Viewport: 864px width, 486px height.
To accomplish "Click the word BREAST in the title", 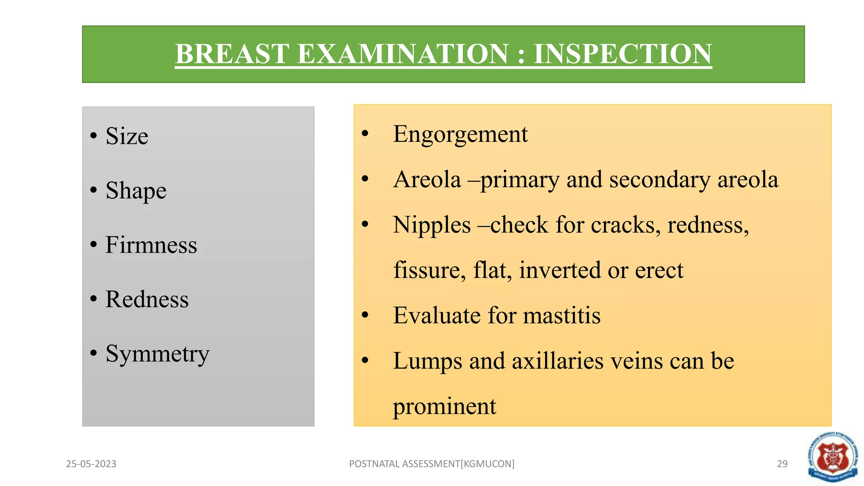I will (x=231, y=54).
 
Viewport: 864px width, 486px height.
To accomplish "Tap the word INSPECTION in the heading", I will (x=623, y=54).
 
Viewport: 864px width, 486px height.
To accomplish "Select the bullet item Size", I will (x=127, y=136).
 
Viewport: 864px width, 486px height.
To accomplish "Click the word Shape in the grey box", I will (x=136, y=191).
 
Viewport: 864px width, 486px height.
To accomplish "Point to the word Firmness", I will (x=151, y=245).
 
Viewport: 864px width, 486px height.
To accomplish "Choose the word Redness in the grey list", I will (x=147, y=300).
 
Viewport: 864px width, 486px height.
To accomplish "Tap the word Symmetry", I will (x=157, y=354).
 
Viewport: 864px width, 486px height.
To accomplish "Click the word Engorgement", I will (x=460, y=135).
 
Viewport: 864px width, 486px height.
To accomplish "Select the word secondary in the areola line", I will (x=660, y=180).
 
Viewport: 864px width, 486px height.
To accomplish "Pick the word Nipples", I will (x=432, y=225).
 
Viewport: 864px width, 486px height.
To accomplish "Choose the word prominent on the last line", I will (x=444, y=407).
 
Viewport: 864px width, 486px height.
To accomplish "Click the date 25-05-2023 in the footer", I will (x=91, y=464).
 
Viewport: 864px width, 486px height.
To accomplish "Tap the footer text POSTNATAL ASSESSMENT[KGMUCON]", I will (x=432, y=464).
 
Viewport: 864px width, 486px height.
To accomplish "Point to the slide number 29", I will (x=782, y=464).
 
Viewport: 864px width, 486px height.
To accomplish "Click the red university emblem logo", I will (x=832, y=457).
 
